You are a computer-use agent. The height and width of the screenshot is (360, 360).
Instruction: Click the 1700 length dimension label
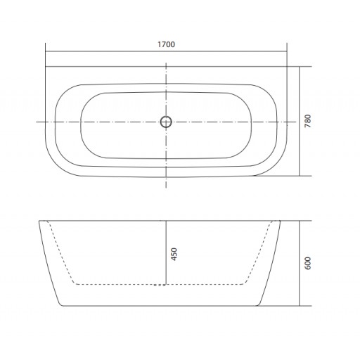point(166,44)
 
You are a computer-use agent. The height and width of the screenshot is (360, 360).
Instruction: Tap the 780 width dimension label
point(308,121)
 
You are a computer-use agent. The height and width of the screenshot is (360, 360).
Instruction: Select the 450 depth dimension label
point(174,254)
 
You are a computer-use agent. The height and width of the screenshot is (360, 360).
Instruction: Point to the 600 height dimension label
point(308,263)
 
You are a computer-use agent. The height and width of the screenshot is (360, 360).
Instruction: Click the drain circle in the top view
point(166,122)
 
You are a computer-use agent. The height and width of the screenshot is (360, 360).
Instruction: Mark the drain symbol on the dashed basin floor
point(160,285)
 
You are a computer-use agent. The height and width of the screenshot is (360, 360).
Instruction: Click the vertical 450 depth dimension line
point(166,252)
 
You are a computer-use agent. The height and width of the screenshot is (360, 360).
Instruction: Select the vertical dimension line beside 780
point(300,121)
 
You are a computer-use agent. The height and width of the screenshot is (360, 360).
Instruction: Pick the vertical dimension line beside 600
point(300,263)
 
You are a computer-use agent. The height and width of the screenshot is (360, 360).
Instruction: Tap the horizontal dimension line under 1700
point(166,51)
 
